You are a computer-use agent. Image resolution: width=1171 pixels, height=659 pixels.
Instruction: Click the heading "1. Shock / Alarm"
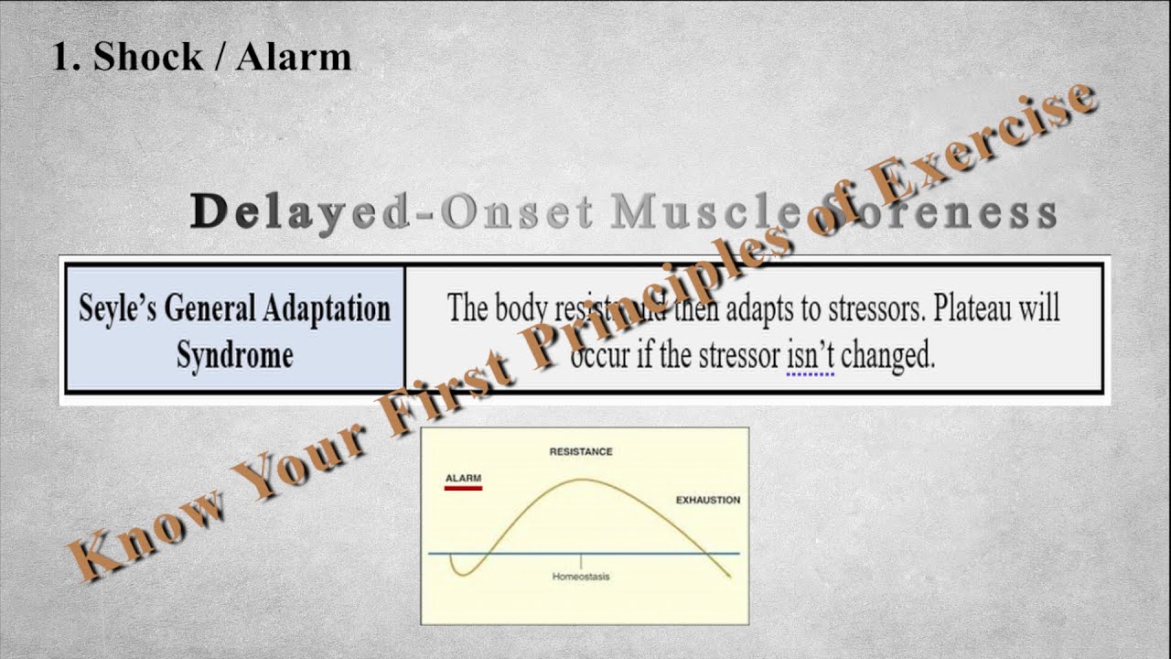(x=201, y=57)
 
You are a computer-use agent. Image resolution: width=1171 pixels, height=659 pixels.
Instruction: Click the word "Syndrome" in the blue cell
(x=235, y=355)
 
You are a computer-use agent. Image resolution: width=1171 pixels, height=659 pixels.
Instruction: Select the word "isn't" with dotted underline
(x=810, y=355)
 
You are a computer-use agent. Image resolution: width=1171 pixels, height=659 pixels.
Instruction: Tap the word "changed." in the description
(x=887, y=355)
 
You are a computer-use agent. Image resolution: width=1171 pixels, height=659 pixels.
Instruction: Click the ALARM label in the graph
(x=463, y=478)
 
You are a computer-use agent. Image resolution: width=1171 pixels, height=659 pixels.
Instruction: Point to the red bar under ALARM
(x=463, y=488)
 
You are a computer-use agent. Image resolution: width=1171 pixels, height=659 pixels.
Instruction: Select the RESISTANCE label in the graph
(x=580, y=451)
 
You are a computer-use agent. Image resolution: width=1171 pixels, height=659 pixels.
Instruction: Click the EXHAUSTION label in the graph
(x=707, y=500)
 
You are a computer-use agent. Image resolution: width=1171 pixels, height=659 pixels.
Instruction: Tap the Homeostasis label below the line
(x=581, y=577)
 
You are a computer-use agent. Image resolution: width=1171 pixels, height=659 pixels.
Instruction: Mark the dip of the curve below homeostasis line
(x=459, y=573)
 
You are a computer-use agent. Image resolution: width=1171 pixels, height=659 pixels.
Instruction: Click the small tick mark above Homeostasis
(x=581, y=559)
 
